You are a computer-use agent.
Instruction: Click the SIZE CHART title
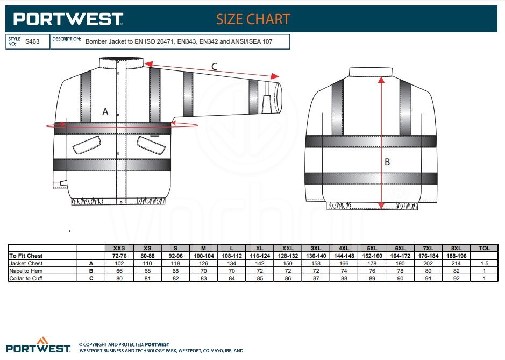253,19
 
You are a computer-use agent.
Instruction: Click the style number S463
32,41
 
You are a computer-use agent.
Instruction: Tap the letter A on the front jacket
105,111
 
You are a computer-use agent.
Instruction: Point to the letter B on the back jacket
387,162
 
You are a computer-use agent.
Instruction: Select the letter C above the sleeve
214,67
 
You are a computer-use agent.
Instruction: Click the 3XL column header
316,248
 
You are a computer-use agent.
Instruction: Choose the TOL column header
484,248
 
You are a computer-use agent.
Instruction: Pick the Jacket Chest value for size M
203,263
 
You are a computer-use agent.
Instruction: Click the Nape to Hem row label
26,271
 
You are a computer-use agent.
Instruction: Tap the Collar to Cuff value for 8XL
457,278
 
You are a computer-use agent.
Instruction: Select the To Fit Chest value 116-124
260,256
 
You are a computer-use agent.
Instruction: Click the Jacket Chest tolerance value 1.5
485,263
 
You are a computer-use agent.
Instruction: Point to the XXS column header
119,248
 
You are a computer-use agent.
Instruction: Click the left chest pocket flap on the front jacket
87,145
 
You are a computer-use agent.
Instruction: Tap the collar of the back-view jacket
371,72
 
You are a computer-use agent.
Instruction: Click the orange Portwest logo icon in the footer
42,341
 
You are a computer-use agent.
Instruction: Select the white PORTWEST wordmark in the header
68,19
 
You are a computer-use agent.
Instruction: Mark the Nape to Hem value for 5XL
372,271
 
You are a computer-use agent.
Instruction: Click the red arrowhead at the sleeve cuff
275,76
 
